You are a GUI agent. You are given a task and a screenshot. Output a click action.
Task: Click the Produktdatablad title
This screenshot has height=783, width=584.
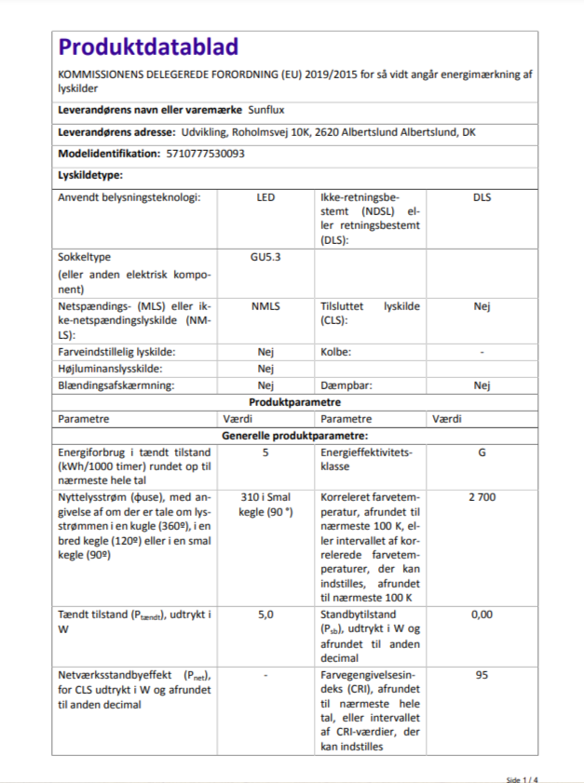click(x=148, y=47)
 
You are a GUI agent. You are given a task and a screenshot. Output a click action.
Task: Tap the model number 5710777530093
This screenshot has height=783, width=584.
click(x=204, y=154)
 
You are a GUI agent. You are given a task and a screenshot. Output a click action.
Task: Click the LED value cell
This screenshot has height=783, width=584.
click(x=265, y=197)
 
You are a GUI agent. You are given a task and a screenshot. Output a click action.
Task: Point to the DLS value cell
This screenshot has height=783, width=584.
click(x=482, y=197)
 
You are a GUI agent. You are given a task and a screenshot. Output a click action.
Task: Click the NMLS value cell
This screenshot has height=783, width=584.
click(x=265, y=305)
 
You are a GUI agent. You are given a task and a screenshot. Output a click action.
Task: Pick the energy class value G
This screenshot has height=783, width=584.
click(x=482, y=452)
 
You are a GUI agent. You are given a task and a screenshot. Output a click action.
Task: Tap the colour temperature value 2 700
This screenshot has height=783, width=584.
click(x=482, y=497)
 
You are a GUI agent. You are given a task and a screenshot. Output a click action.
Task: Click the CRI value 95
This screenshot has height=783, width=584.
click(x=482, y=674)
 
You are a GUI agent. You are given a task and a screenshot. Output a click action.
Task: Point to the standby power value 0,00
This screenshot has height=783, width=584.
click(x=482, y=614)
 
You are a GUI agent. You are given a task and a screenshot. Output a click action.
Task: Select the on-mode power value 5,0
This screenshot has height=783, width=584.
click(x=265, y=614)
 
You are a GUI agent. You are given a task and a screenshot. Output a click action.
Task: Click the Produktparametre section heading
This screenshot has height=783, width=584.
click(x=294, y=402)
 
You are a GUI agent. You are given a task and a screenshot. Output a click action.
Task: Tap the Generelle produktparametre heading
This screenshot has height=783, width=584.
click(x=294, y=436)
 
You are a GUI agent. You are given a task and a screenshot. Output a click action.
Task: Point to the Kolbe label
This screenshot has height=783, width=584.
click(x=336, y=352)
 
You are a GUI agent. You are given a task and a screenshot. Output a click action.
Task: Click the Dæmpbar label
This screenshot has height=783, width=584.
click(x=344, y=385)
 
